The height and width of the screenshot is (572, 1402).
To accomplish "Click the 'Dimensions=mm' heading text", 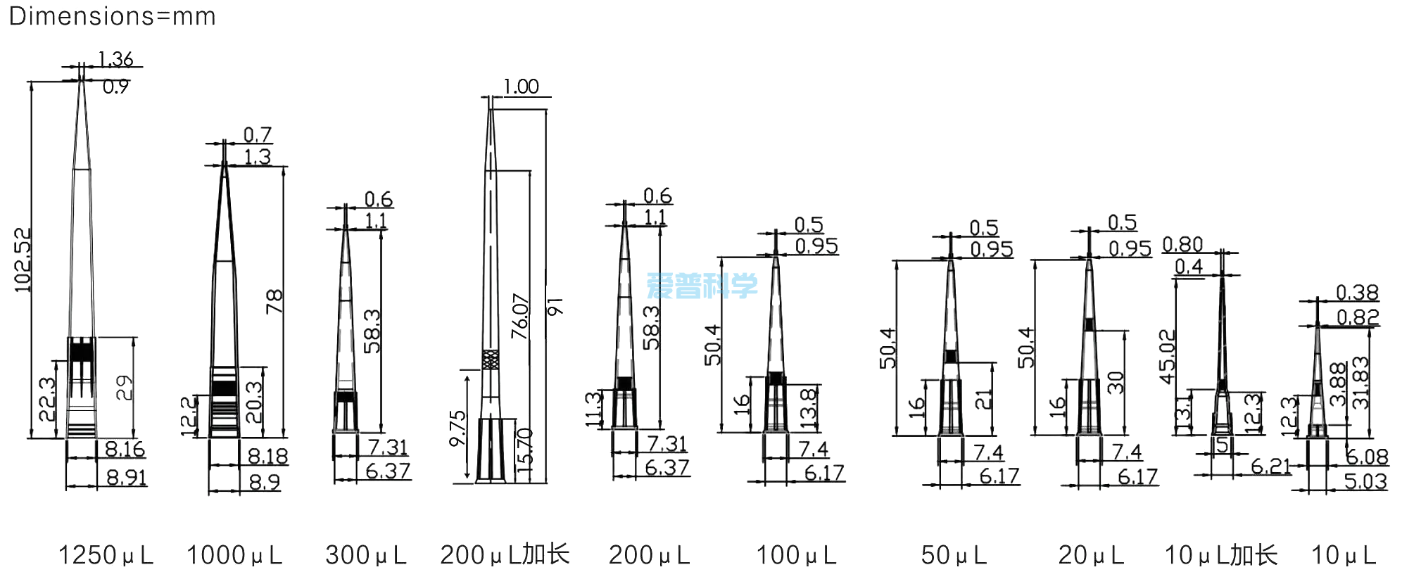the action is pos(112,15).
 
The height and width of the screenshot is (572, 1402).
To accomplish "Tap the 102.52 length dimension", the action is pos(23,260).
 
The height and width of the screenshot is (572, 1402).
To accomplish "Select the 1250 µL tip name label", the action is pos(106,555).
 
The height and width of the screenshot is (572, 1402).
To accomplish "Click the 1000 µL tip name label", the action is pos(234,555).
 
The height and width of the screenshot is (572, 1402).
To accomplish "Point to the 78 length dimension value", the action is pos(274,301).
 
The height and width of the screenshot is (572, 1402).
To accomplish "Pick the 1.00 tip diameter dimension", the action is pos(521,87).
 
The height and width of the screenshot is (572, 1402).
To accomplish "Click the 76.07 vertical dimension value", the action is pos(520,316).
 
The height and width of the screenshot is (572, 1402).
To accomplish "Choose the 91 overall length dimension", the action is pos(555,307).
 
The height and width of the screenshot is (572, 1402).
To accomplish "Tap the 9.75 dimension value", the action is pos(457,428).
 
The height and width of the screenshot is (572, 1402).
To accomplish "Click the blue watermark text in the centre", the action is pos(702,286).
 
